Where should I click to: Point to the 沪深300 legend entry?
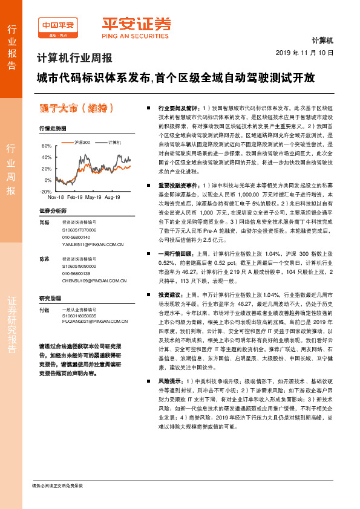pyautogui.click(x=78, y=141)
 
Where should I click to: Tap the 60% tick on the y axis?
pyautogui.click(x=47, y=146)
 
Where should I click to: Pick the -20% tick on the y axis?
pyautogui.click(x=45, y=190)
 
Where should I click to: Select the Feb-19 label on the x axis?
pyautogui.click(x=75, y=198)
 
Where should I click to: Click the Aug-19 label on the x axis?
pyautogui.click(x=112, y=198)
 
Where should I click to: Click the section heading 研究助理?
pyautogui.click(x=51, y=299)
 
